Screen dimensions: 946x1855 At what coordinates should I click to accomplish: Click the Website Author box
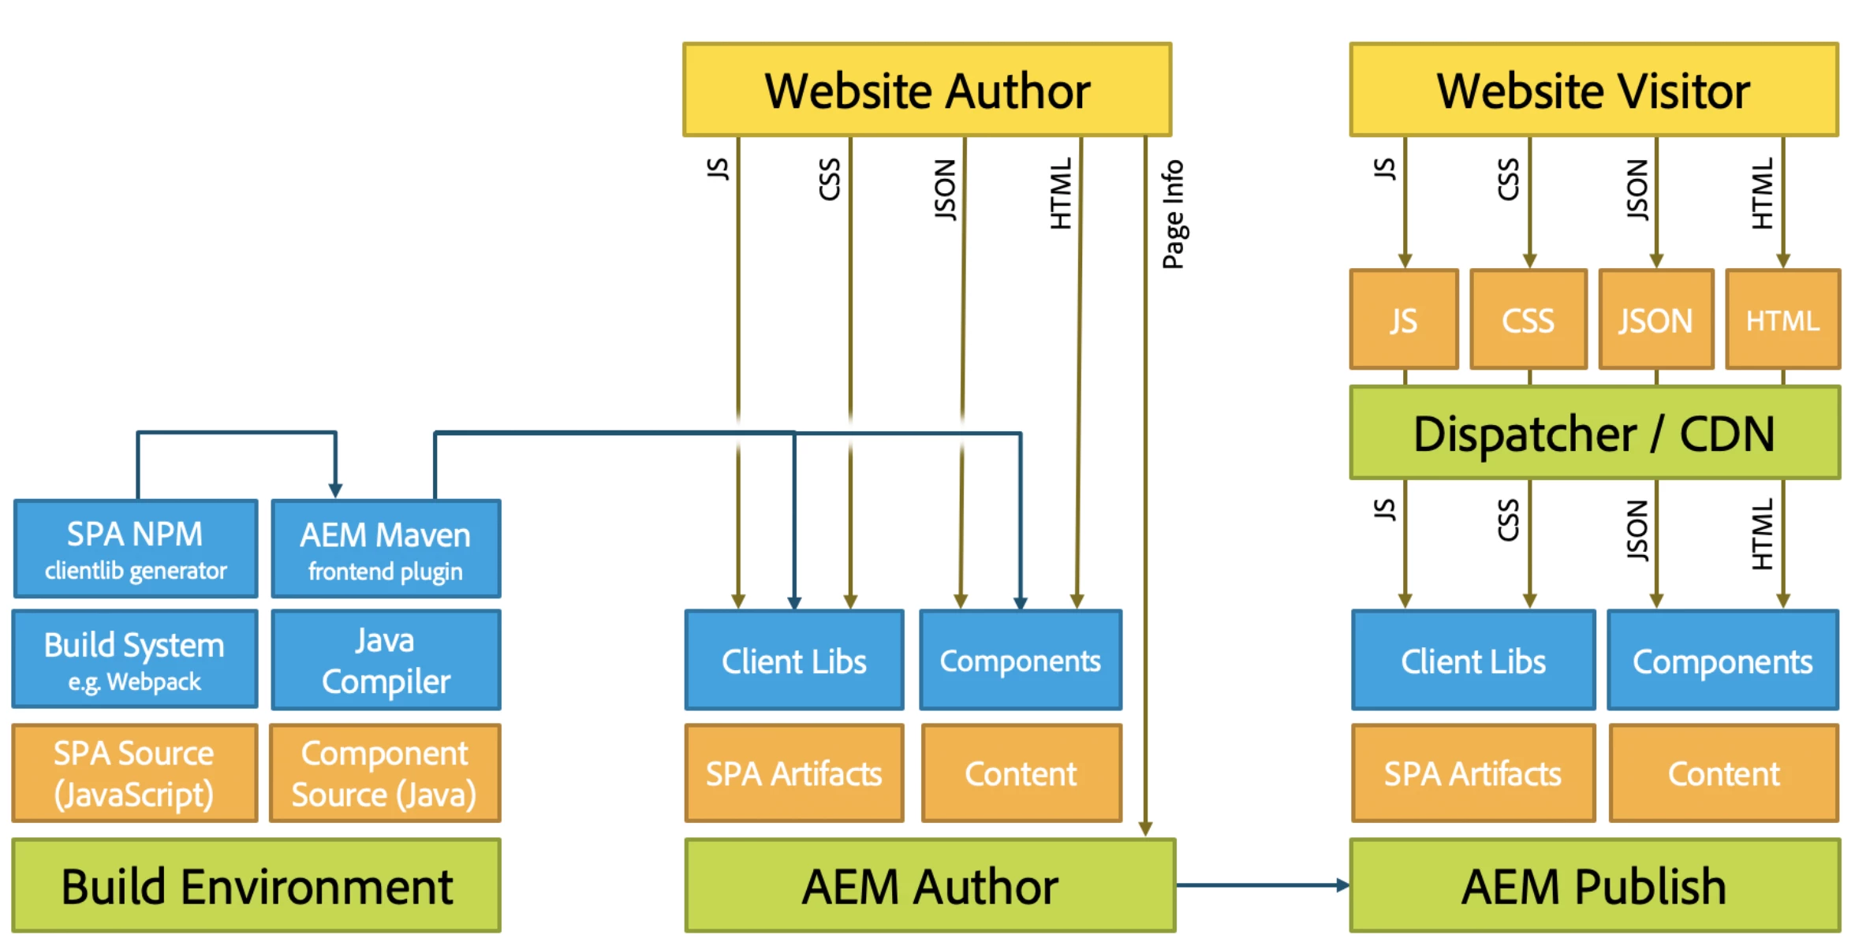point(927,90)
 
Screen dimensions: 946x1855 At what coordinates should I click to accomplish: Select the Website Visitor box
point(1593,90)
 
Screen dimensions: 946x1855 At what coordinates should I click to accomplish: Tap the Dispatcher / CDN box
point(1593,433)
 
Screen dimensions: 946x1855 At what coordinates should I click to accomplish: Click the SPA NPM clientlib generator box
point(135,549)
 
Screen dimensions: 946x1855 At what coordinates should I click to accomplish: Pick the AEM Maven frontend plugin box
point(386,549)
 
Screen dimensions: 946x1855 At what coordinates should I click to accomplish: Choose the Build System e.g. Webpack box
point(135,659)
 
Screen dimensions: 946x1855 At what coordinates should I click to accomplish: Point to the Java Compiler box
point(386,660)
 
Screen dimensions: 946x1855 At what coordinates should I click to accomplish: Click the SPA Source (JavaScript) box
point(135,773)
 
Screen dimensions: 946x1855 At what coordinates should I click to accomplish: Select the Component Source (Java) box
point(385,773)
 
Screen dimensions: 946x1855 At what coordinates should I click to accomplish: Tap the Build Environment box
point(256,885)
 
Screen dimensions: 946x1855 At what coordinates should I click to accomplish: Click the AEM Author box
point(930,885)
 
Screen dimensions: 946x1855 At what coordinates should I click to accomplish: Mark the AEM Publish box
point(1593,885)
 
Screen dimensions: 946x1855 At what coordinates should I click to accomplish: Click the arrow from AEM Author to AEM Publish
point(1262,885)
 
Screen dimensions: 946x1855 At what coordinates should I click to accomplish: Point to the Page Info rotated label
point(1173,214)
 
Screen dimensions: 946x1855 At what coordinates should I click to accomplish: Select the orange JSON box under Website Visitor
point(1655,319)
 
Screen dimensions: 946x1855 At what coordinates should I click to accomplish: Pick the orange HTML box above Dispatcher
point(1782,319)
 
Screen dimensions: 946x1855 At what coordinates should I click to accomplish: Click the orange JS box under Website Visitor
point(1404,319)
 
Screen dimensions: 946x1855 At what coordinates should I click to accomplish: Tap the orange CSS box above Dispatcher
point(1528,319)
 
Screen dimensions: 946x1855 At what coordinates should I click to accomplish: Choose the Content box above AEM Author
point(1021,773)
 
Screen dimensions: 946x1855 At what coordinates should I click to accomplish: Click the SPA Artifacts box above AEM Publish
point(1472,773)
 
